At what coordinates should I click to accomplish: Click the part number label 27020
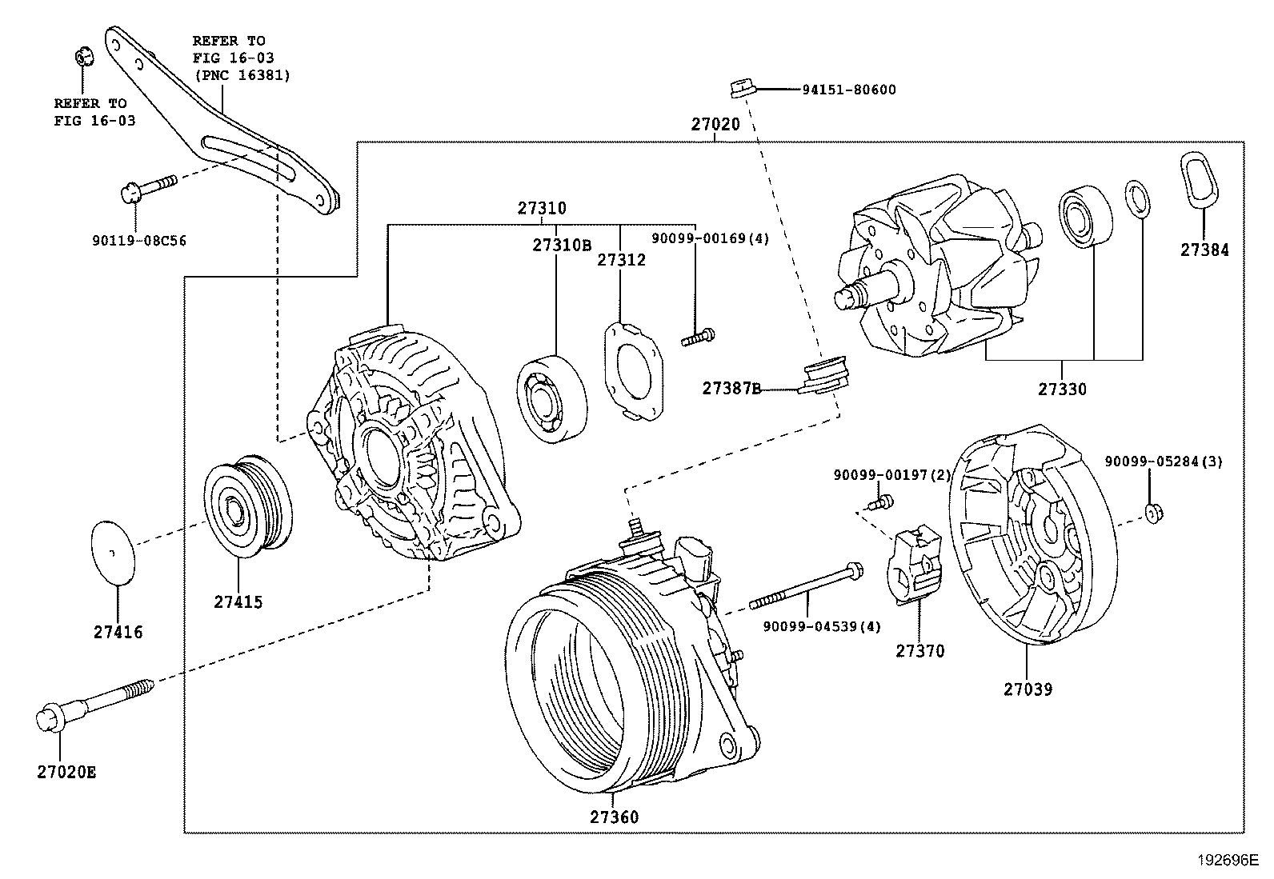tap(715, 125)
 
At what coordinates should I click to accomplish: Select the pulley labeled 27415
tap(247, 505)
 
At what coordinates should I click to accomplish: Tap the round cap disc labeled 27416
tap(111, 553)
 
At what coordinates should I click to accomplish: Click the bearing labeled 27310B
tap(551, 396)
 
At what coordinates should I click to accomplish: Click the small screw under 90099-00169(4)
tap(698, 338)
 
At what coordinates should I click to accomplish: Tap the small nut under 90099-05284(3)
tap(1152, 513)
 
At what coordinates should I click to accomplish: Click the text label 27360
tap(615, 817)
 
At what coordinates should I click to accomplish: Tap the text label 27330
tap(1062, 390)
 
